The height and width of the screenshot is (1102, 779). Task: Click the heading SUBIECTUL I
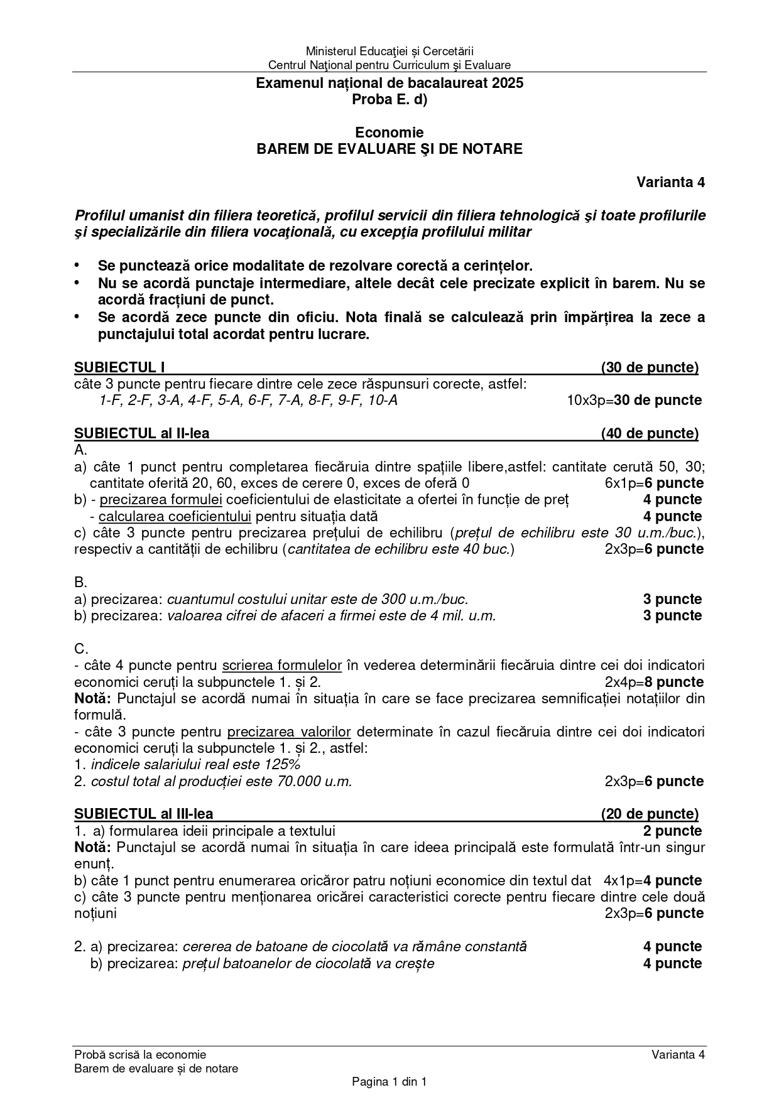click(119, 367)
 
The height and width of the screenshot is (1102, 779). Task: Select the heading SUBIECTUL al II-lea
click(142, 433)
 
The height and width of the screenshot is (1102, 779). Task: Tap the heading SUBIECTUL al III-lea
click(144, 814)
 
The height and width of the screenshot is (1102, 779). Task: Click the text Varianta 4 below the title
click(670, 182)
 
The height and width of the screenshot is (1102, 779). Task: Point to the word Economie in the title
click(389, 132)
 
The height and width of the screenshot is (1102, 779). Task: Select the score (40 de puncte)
click(650, 433)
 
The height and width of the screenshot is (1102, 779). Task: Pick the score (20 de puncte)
click(650, 814)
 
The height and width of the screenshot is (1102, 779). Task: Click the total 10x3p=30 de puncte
click(634, 401)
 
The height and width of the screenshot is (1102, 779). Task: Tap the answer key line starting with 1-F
click(248, 401)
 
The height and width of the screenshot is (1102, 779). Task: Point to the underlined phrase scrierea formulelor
click(282, 666)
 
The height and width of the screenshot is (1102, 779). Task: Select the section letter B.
click(80, 582)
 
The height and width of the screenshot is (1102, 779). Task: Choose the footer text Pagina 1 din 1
click(389, 1082)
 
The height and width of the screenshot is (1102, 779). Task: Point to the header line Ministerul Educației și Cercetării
click(389, 51)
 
